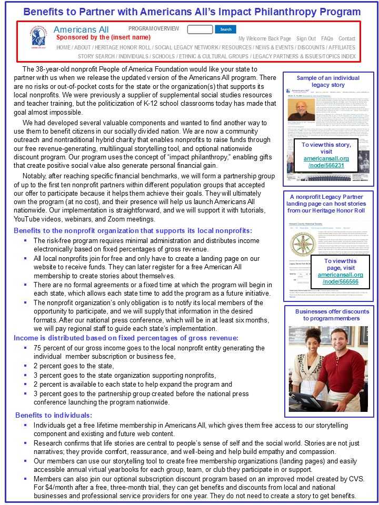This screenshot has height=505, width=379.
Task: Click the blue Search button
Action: coord(225,29)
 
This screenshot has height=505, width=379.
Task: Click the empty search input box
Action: coord(200,29)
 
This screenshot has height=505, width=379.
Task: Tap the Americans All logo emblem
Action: coord(38,37)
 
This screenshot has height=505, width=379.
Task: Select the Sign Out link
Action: coord(306,38)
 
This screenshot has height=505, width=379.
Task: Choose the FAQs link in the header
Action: coord(327,38)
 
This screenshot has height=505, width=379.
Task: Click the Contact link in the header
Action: coord(347,38)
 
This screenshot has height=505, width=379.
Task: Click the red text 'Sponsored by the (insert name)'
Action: coord(103,37)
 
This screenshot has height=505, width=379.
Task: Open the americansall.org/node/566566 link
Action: coord(340,278)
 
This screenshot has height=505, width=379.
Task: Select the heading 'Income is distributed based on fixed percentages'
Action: coord(126,338)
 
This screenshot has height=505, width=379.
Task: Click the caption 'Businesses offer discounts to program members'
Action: coord(328,315)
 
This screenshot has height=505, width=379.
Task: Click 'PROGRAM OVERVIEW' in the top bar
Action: coord(154,29)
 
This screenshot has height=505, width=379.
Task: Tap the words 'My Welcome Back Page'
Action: coord(264,38)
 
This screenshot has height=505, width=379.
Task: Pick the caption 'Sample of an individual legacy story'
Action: coord(328,81)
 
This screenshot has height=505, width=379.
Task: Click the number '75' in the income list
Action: coord(37,348)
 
